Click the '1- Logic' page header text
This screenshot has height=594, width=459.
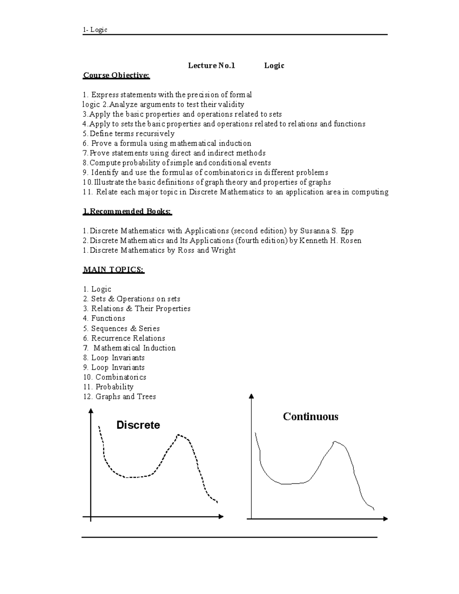point(95,30)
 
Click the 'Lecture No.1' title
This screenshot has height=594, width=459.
point(212,66)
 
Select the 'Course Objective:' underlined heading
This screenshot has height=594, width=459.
point(117,75)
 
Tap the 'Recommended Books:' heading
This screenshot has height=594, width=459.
point(128,212)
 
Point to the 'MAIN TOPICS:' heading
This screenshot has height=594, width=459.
point(114,270)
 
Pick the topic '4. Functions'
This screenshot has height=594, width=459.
point(104,319)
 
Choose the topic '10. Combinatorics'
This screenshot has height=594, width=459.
point(115,377)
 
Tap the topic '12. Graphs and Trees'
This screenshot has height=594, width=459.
point(119,397)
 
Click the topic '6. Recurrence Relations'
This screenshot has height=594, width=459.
point(124,338)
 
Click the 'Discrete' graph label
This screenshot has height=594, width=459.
point(138,425)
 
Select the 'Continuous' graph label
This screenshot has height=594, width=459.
point(311,417)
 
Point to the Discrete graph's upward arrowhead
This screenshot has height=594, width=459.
point(91,411)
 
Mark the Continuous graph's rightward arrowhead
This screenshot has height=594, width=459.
point(385,519)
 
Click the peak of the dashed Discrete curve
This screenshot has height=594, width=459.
point(178,435)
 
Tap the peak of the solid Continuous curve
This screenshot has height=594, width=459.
point(335,442)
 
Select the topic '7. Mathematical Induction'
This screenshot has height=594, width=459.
point(129,348)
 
